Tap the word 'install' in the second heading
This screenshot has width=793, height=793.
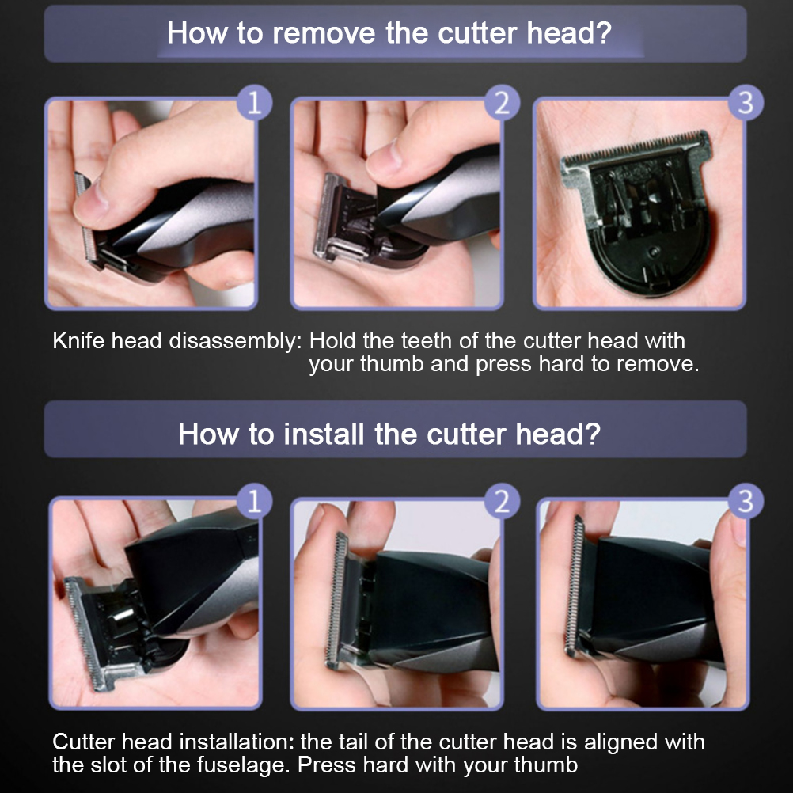(x=324, y=434)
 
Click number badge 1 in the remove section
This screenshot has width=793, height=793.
(x=254, y=103)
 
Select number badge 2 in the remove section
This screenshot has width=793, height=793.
(x=502, y=103)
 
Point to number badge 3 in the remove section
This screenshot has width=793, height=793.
(x=746, y=103)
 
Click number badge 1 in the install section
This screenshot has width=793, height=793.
(x=254, y=502)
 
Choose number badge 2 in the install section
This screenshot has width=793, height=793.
(x=502, y=502)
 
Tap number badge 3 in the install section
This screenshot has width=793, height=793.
(x=746, y=502)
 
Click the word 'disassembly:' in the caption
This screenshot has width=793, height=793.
(x=235, y=342)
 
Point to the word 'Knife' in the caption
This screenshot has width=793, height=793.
(x=78, y=341)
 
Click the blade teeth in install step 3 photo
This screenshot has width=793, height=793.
(x=575, y=586)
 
